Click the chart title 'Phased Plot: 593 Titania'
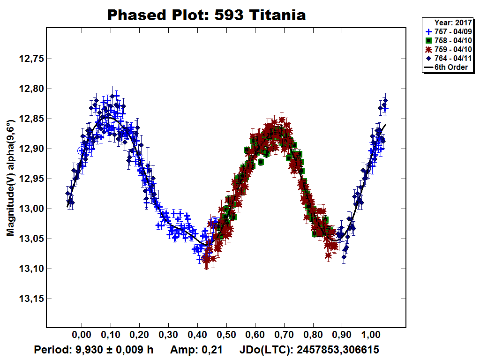pos(206,15)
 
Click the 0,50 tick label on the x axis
pos(226,337)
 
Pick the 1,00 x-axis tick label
pos(371,337)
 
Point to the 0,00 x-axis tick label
pos(82,337)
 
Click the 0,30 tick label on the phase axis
pos(168,337)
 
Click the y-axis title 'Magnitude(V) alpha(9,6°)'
pos(10,178)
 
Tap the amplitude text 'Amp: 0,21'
pos(196,350)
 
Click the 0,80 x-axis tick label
pos(313,337)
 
